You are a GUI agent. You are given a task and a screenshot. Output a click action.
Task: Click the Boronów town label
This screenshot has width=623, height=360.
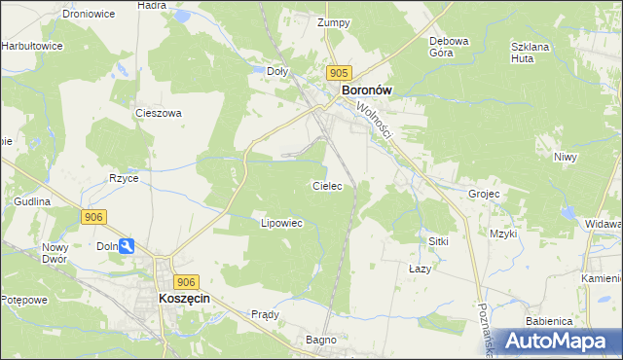366,91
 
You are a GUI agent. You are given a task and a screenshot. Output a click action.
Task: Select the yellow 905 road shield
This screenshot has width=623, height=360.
338,73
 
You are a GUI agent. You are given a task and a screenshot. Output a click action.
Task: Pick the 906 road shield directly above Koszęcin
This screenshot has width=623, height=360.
188,280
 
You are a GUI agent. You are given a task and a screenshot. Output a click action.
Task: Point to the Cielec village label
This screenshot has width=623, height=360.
326,185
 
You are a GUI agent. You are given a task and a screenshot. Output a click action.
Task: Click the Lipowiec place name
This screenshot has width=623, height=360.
282,223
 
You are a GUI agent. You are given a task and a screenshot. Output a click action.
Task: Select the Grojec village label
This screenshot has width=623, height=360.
484,194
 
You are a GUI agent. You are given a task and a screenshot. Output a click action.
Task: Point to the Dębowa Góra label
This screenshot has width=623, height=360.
450,47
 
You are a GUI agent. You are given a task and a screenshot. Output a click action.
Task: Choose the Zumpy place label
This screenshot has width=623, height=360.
333,22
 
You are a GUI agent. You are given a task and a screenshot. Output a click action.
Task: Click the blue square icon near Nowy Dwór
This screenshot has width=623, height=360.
127,247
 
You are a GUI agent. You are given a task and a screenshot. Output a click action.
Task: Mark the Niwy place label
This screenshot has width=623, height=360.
565,157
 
